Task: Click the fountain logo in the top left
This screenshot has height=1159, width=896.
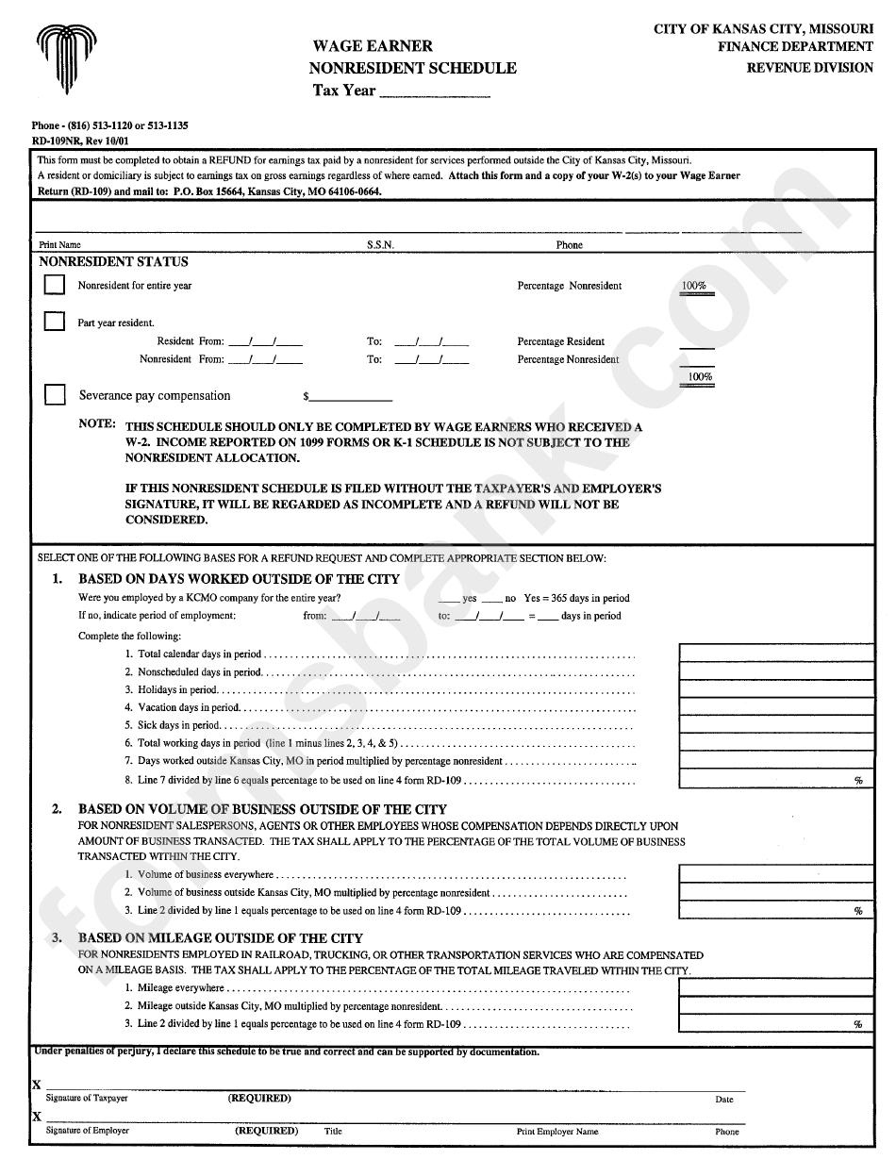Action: coord(66,58)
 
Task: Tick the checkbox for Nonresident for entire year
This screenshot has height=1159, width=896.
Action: coord(55,284)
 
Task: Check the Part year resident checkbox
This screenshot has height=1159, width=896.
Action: coord(55,322)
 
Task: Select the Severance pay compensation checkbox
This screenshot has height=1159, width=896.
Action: coord(55,394)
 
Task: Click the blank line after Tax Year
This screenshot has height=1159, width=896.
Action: coord(434,91)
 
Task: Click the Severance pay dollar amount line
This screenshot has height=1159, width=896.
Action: coord(351,396)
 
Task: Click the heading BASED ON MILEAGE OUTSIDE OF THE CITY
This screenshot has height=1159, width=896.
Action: coord(220,938)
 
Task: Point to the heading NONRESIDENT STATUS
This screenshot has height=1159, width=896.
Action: coord(113,262)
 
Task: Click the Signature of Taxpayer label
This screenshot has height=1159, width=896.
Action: coord(87,1099)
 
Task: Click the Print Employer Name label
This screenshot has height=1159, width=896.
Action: coord(556,1132)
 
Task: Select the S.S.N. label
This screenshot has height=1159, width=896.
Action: coord(380,245)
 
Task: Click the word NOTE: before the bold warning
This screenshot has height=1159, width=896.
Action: coord(97,424)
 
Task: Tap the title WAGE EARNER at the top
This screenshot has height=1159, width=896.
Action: coord(373,45)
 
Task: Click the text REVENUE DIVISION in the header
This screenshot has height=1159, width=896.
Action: coord(809,68)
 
